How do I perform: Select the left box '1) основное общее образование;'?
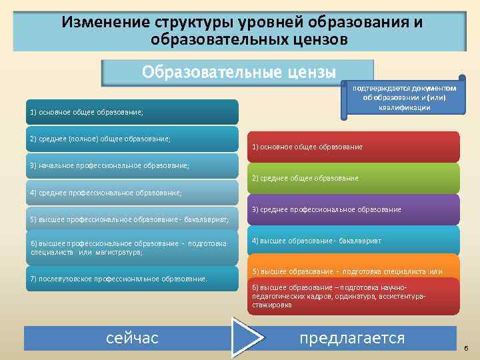tap(131, 112)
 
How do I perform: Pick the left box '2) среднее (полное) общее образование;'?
tap(131, 139)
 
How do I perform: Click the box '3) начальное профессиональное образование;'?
tap(131, 165)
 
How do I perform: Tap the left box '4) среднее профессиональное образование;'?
tap(131, 193)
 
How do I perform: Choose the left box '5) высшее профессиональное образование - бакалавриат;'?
tap(131, 219)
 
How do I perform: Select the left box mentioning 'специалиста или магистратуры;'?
tap(131, 247)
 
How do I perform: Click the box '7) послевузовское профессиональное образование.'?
tap(131, 279)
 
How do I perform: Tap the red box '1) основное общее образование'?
tap(354, 147)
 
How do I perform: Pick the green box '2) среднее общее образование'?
tap(354, 178)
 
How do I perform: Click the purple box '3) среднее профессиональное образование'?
tap(354, 209)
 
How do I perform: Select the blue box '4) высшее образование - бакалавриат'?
tap(354, 240)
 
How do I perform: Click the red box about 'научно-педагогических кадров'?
tap(354, 296)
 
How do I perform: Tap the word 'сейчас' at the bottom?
tap(132, 338)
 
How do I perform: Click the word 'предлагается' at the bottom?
tap(352, 338)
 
